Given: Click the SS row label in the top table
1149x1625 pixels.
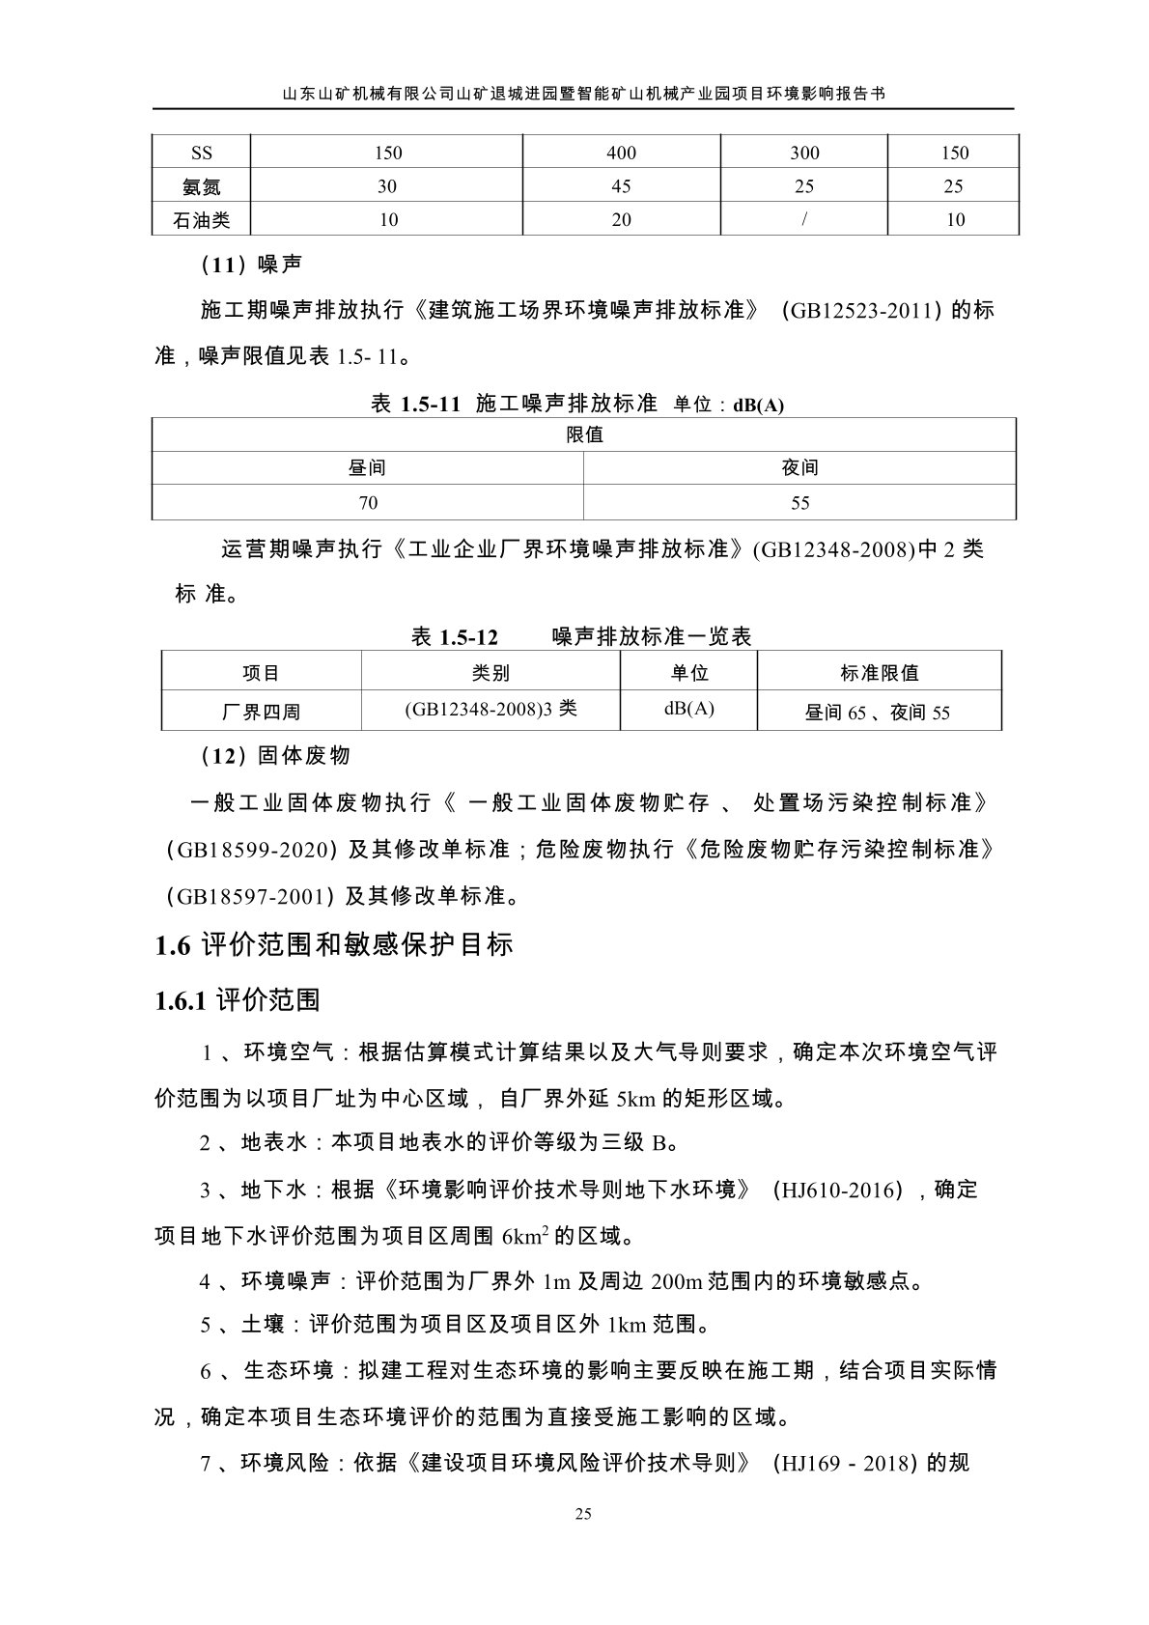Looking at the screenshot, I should (201, 153).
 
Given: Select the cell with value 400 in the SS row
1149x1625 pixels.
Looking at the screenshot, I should (621, 153).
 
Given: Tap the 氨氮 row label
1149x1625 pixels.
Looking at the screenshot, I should (201, 186).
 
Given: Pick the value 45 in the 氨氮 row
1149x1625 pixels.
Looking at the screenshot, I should (621, 186).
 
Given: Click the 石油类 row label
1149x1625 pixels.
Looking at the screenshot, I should (201, 220).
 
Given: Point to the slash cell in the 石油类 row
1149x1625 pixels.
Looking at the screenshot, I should (803, 220).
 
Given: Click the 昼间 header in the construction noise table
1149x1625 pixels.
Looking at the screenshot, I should (367, 468).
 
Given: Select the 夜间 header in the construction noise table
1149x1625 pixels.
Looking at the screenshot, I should (799, 468).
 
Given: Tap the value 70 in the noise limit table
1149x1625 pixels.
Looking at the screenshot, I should (367, 503).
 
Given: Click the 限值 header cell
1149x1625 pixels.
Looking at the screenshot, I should (584, 434).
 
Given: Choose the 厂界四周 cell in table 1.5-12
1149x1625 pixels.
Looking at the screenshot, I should (261, 713).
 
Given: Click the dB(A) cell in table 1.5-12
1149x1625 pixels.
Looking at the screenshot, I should (688, 709).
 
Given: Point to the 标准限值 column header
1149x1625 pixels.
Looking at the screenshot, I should (879, 673).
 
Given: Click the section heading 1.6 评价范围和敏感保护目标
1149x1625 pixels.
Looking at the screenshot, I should (334, 944).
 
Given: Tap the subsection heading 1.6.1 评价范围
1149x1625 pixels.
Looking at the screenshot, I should (238, 999).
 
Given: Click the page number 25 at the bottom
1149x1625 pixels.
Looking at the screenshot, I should (582, 1514).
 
